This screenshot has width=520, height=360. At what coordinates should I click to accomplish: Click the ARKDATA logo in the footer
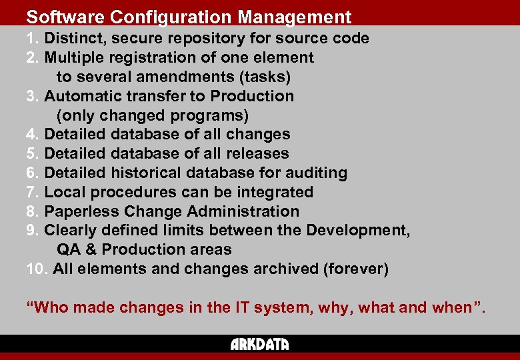260,344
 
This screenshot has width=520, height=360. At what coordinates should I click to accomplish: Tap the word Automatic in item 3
84,96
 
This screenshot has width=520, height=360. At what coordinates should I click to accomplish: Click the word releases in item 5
255,154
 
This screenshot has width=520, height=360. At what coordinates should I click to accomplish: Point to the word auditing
317,173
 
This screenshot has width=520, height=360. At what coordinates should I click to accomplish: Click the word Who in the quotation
51,308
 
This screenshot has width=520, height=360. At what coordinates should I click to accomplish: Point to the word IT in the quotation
242,308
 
